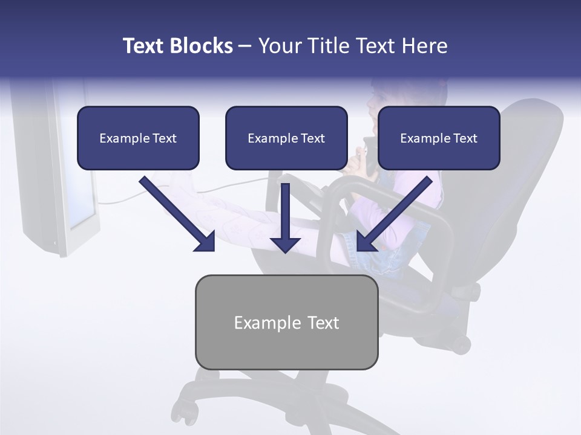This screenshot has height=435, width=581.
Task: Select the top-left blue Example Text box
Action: pyautogui.click(x=138, y=138)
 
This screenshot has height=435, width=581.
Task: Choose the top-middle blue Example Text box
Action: pyautogui.click(x=286, y=138)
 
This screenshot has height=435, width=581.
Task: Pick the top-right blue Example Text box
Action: pyautogui.click(x=439, y=138)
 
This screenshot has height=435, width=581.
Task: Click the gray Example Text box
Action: pyautogui.click(x=286, y=322)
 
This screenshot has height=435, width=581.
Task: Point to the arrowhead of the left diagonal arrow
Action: pyautogui.click(x=206, y=242)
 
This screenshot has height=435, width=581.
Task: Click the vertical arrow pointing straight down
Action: pyautogui.click(x=286, y=217)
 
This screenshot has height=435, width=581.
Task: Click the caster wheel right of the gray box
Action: pyautogui.click(x=461, y=344)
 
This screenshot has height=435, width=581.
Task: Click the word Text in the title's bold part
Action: pyautogui.click(x=145, y=46)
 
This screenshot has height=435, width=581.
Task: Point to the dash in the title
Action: pyautogui.click(x=246, y=46)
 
